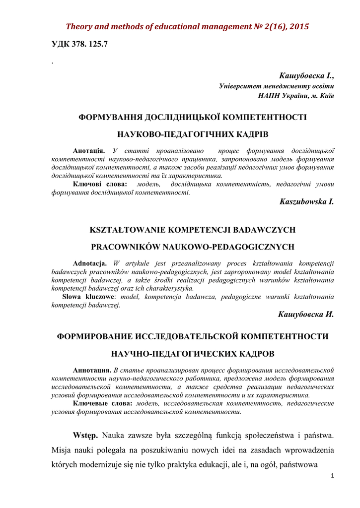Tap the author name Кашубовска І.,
point(307,76)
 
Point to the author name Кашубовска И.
point(306,315)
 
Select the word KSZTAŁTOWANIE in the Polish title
point(127,230)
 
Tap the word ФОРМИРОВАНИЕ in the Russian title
point(95,336)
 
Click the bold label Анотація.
point(89,150)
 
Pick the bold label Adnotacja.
point(90,263)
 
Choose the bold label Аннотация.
point(92,370)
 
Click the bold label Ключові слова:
point(100,184)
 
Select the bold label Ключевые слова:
point(101,404)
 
